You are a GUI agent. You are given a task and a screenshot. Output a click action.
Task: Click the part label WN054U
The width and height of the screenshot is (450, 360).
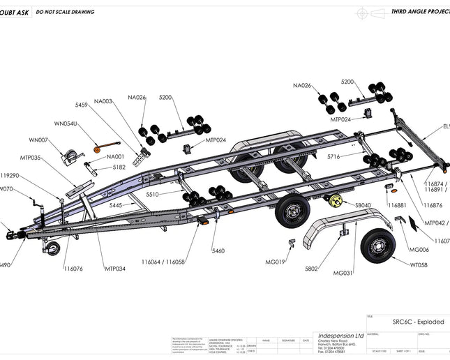66,123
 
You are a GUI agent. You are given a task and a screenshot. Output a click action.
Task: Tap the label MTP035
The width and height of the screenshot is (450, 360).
30,158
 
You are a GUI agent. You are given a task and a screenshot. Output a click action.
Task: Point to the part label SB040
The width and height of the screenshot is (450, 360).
363,205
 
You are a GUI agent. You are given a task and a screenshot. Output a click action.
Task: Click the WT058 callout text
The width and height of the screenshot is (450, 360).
419,265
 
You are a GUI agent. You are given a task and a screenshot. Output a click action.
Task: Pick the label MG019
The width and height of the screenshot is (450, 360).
276,262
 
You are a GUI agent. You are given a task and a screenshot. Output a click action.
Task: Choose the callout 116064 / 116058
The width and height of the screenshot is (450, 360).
163,262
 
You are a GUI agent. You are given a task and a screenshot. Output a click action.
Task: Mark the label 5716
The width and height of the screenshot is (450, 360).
333,156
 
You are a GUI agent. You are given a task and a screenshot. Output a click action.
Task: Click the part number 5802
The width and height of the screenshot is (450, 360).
312,268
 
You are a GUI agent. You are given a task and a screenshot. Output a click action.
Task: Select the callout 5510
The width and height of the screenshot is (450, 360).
152,195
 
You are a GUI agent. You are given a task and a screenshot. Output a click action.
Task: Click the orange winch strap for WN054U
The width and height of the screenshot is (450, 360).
98,148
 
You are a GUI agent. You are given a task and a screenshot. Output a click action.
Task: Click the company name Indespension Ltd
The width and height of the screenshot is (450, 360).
331,335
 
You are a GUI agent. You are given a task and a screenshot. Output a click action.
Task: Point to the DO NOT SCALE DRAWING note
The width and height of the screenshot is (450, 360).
65,12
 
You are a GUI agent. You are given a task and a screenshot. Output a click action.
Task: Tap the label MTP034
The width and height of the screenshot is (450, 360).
115,269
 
